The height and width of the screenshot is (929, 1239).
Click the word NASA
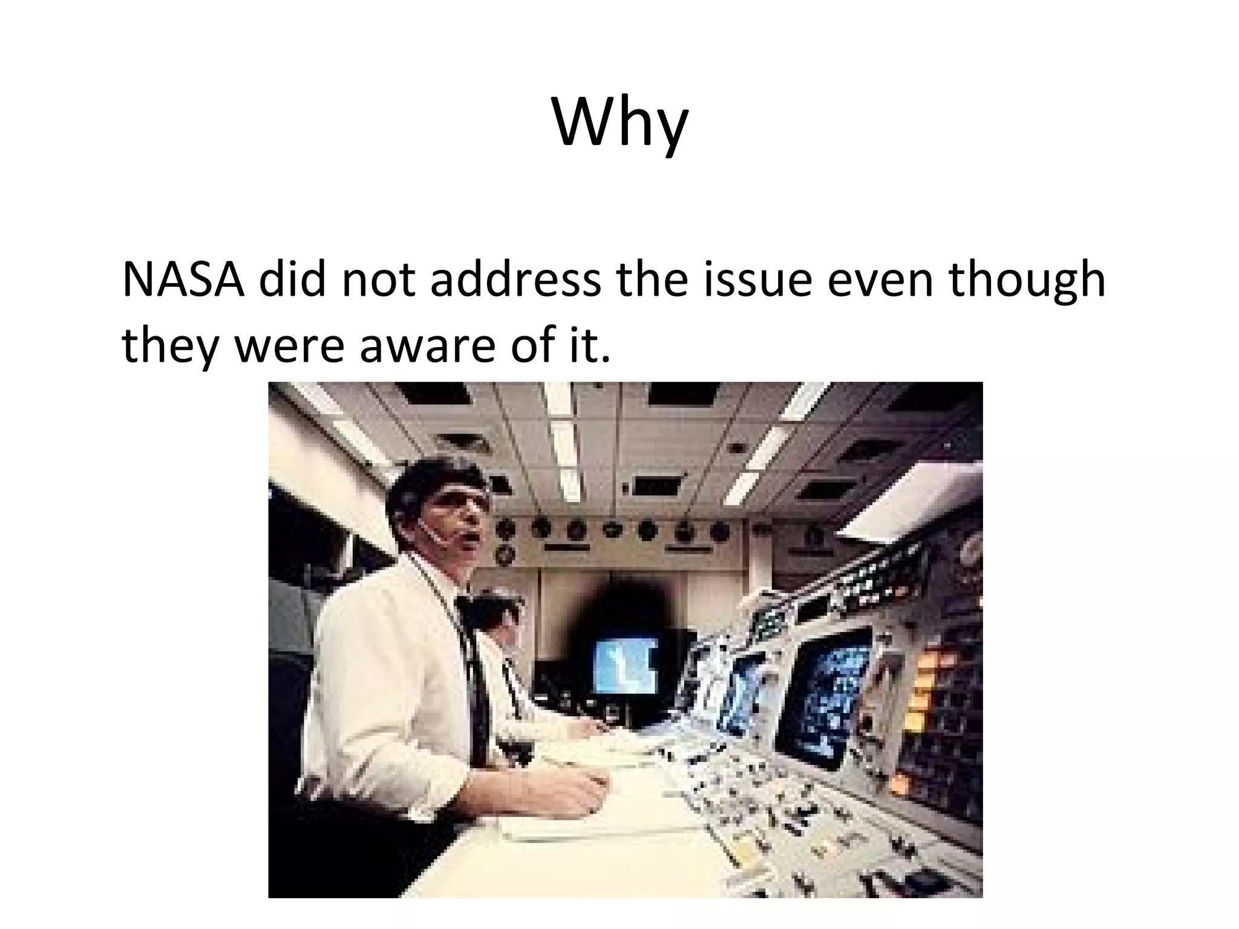[x=183, y=280]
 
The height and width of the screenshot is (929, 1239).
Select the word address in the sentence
[x=515, y=280]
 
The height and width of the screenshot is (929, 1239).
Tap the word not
[x=378, y=280]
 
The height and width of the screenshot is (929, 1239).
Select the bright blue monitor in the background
[x=626, y=664]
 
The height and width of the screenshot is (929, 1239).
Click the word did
[x=293, y=280]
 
